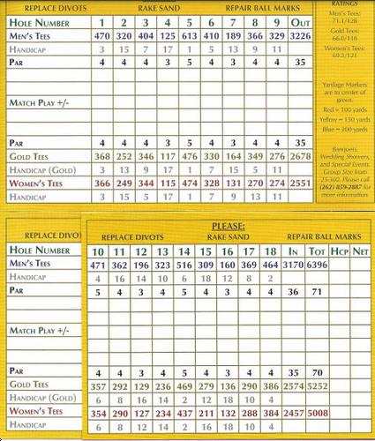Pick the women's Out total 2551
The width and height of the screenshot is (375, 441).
point(300,183)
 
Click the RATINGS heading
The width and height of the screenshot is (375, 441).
point(344,4)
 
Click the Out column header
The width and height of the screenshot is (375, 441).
point(300,21)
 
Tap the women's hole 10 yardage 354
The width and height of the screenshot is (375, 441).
point(99,414)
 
